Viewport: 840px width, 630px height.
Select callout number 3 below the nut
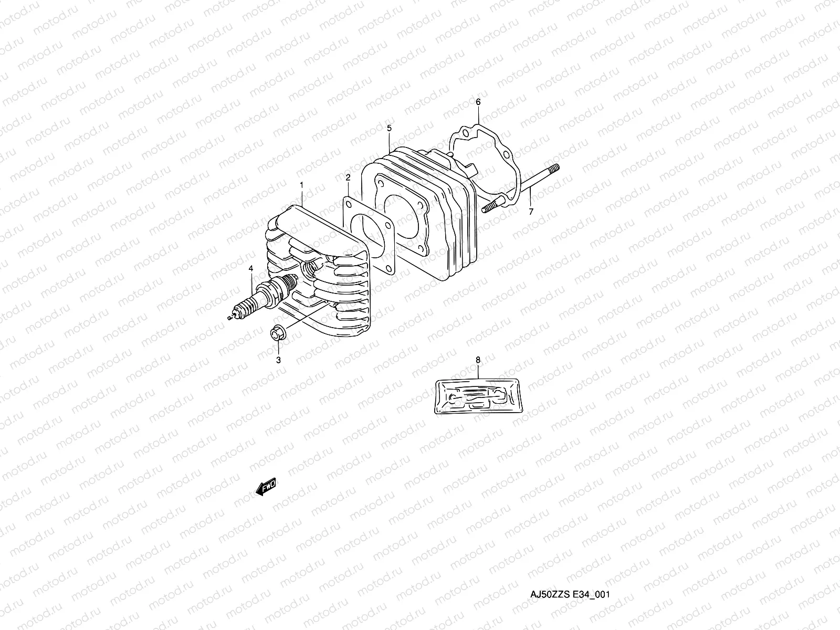pos(279,360)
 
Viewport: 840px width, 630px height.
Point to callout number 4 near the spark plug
pos(251,268)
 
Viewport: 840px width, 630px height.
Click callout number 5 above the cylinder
pos(389,128)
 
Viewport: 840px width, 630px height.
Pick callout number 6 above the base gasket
pos(478,101)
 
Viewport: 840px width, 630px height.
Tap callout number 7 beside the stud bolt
pos(531,212)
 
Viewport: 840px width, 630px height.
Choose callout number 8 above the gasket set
pos(478,360)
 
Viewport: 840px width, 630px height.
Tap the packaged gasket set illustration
pos(478,395)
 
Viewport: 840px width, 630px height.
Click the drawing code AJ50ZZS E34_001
pos(569,595)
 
